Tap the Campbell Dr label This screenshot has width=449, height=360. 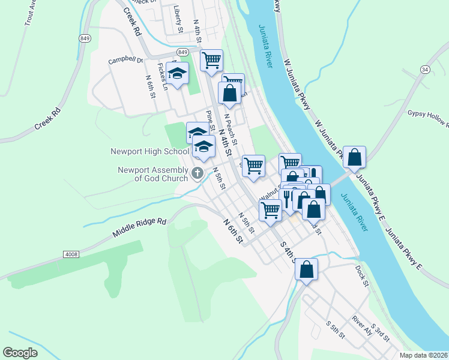(125, 60)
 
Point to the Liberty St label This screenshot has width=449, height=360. (178, 19)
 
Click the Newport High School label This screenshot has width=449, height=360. (149, 152)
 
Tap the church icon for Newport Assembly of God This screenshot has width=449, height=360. (197, 174)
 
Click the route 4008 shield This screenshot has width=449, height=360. (71, 254)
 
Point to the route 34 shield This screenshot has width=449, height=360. (425, 70)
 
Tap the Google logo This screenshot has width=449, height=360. (21, 352)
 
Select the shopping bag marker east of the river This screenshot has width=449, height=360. (354, 158)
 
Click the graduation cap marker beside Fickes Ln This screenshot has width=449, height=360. (177, 74)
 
